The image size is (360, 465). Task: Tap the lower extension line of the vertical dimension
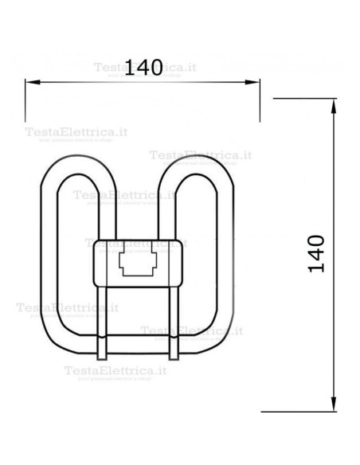click(x=303, y=412)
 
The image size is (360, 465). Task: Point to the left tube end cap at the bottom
click(x=101, y=347)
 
